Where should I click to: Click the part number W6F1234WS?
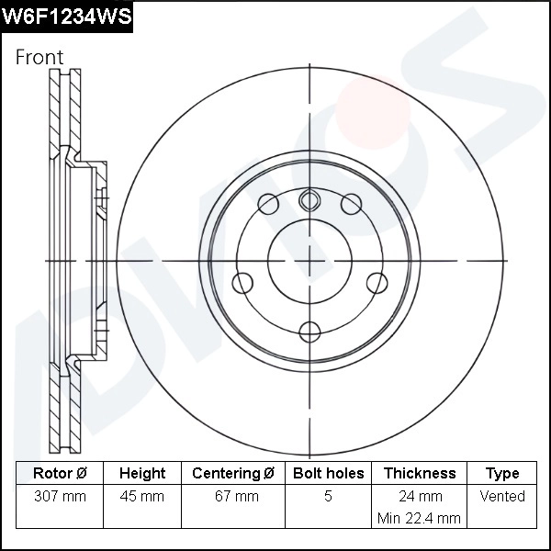click(x=67, y=16)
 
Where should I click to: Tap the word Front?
click(x=39, y=57)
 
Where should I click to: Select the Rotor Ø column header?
click(x=60, y=474)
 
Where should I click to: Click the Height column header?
click(x=142, y=474)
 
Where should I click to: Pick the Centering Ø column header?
click(x=233, y=474)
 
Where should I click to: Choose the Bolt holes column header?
click(x=328, y=474)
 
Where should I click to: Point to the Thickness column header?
click(x=419, y=474)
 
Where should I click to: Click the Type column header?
click(x=502, y=474)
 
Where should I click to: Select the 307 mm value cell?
click(x=60, y=497)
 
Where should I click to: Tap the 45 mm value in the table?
click(x=142, y=497)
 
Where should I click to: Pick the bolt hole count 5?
click(x=328, y=497)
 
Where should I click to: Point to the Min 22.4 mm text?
click(x=419, y=518)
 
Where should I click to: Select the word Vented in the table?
click(x=502, y=497)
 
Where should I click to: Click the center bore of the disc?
click(x=310, y=260)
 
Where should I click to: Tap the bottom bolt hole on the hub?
click(x=310, y=331)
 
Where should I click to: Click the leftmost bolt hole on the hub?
click(x=243, y=282)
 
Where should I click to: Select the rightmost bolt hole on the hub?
click(x=377, y=282)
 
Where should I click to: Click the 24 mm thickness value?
click(x=419, y=497)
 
